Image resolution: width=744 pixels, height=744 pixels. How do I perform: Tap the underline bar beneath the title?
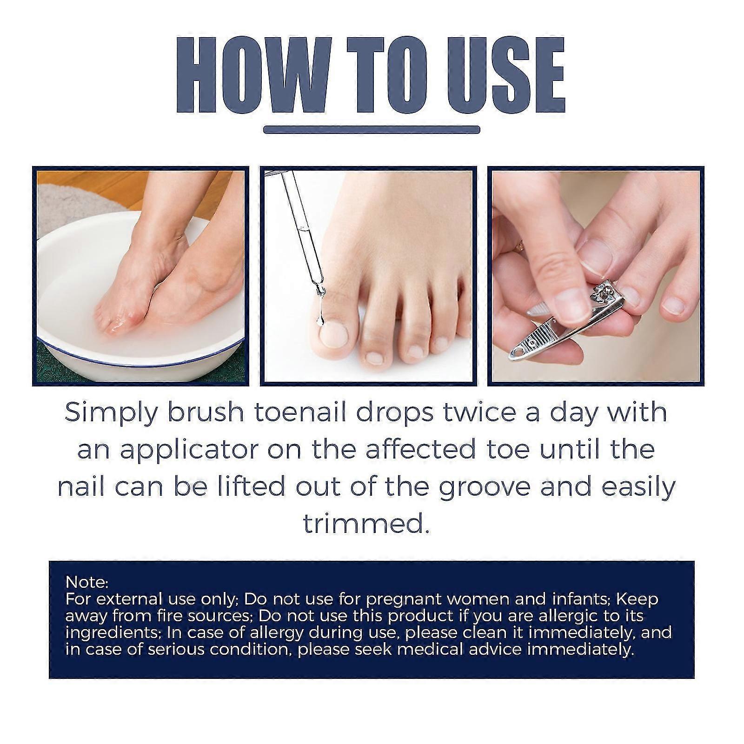(x=372, y=130)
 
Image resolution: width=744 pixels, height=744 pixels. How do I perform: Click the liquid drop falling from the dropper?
(x=319, y=320)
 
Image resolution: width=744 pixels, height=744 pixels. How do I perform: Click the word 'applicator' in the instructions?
(x=195, y=450)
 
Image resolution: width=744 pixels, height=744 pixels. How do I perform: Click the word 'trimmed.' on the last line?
(x=366, y=524)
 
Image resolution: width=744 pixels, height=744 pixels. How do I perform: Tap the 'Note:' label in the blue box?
(x=87, y=582)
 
